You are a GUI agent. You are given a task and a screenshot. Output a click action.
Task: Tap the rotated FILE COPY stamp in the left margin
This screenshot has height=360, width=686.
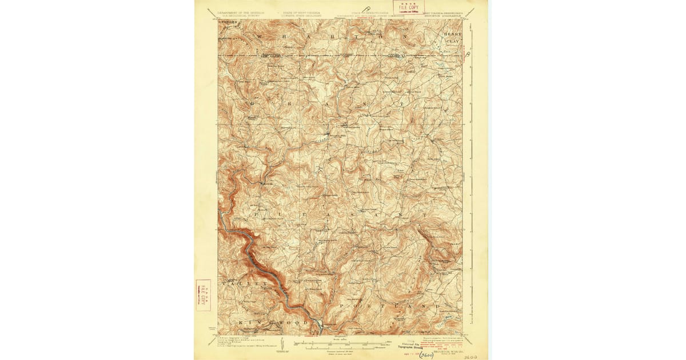click(x=203, y=295)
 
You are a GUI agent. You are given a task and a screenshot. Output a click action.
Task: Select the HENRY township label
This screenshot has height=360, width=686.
click(x=452, y=34)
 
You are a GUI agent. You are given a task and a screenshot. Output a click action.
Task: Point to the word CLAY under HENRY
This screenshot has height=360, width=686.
click(x=453, y=42)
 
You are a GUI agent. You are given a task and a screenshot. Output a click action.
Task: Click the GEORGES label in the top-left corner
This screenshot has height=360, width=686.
click(x=227, y=22)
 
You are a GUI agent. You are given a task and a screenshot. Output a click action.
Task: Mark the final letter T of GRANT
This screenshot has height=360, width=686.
click(x=403, y=103)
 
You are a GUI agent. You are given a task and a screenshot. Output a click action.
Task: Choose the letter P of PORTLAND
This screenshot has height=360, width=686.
click(x=343, y=307)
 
